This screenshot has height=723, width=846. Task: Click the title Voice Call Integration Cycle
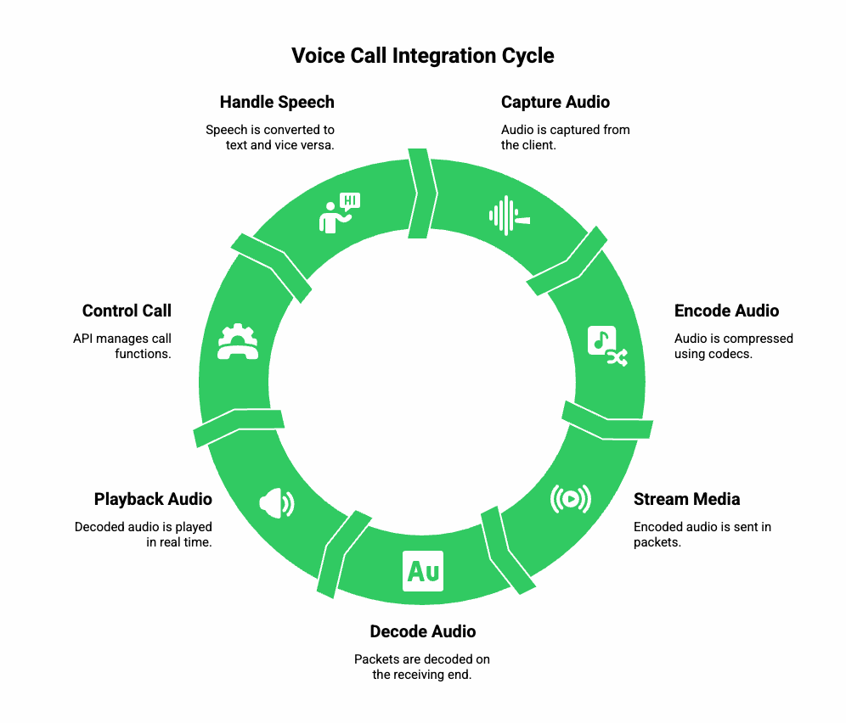pos(422,56)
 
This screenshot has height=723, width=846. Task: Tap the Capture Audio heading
pos(555,102)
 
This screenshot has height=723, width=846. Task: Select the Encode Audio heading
pos(726,311)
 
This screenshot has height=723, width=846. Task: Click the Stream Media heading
pos(686,499)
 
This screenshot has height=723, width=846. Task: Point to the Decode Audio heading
pos(422,631)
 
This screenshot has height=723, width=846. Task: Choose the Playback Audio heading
pos(153,499)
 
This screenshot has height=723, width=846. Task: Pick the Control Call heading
pos(127,311)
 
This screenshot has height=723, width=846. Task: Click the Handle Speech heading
pos(277,102)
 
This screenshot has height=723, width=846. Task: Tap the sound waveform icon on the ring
pos(509,216)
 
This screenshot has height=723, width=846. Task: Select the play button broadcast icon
pos(570,499)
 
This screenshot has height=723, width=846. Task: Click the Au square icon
pos(423,571)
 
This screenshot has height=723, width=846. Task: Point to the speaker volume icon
pos(276,502)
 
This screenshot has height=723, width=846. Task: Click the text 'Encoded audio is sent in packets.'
pos(702,534)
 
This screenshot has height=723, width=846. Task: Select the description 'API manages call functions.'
pos(122,345)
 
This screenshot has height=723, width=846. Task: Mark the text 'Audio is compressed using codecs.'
pos(733,345)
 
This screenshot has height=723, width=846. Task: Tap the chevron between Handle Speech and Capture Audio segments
pos(422,194)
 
